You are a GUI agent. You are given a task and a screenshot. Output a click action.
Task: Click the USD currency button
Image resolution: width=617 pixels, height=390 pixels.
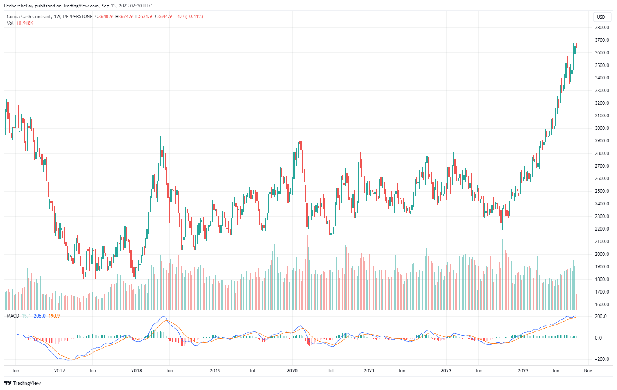(x=601, y=17)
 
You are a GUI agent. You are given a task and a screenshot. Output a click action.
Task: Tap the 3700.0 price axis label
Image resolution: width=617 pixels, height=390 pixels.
(x=602, y=40)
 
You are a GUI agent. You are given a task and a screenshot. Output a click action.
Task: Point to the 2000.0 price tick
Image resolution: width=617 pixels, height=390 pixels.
(x=602, y=254)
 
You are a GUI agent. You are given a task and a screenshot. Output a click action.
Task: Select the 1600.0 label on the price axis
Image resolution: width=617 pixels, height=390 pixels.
(x=602, y=305)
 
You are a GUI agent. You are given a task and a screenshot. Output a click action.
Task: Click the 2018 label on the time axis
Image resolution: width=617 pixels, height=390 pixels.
(x=137, y=371)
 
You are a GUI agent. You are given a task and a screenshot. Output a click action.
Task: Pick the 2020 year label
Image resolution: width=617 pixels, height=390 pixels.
(x=292, y=371)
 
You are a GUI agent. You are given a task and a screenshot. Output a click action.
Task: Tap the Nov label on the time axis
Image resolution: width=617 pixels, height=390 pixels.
(x=587, y=371)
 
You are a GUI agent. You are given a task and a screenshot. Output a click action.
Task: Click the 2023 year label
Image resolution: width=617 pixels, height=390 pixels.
(x=523, y=371)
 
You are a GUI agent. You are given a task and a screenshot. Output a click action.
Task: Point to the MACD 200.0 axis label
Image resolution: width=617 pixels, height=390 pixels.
(x=601, y=316)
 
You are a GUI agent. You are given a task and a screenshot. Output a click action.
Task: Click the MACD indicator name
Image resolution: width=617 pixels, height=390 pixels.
(x=13, y=316)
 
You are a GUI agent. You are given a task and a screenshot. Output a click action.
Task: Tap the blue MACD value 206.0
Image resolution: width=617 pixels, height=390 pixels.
(x=40, y=316)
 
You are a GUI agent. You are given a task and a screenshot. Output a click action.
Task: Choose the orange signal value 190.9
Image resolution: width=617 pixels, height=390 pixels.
(x=54, y=316)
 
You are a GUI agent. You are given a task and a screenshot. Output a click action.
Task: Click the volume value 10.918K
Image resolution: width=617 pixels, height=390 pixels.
(x=25, y=23)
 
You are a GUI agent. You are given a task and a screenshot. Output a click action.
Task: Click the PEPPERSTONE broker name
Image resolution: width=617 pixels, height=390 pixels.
(x=78, y=17)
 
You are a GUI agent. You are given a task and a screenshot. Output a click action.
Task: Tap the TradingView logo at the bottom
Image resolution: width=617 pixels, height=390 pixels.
(x=22, y=383)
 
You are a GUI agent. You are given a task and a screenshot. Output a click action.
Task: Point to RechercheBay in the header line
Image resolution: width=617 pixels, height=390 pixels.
(x=19, y=6)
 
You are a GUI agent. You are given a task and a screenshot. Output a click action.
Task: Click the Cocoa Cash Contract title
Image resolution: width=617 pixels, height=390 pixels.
(x=29, y=17)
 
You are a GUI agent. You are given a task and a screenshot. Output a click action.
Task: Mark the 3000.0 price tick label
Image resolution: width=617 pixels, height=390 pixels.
(x=602, y=128)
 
